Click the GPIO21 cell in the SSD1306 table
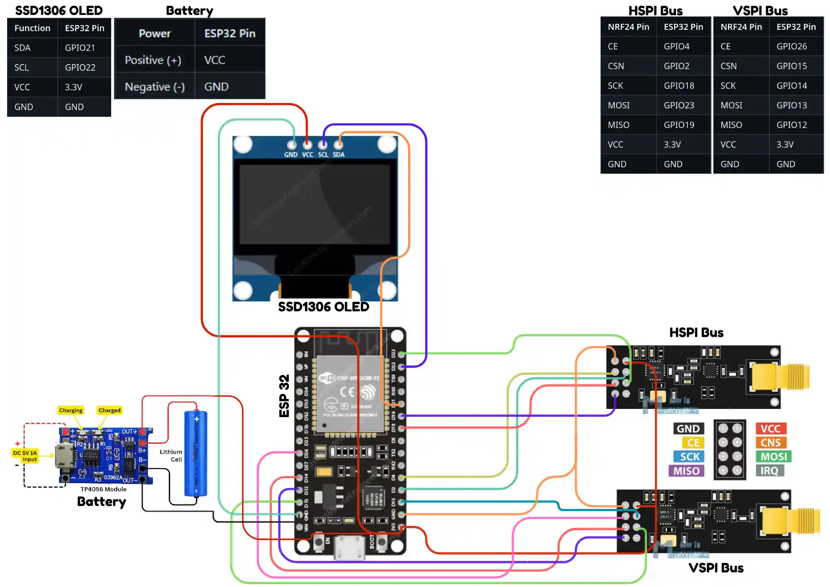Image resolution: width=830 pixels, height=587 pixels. [80, 48]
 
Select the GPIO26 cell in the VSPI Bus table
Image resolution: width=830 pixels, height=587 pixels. [791, 46]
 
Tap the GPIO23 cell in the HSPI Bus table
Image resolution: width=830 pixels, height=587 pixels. [679, 105]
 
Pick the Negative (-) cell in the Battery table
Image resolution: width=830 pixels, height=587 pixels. [155, 87]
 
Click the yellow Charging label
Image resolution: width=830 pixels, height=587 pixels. [71, 410]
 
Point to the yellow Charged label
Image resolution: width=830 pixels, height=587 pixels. [109, 410]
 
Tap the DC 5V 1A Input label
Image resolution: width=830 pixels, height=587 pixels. [25, 456]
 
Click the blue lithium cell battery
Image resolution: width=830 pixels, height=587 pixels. [195, 453]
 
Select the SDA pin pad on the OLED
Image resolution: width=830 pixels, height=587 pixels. [338, 145]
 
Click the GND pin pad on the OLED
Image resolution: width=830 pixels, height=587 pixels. [292, 145]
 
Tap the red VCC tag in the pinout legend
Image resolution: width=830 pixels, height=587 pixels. [771, 428]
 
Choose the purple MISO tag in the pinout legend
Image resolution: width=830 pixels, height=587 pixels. [686, 471]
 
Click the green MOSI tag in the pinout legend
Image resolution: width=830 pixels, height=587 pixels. [774, 457]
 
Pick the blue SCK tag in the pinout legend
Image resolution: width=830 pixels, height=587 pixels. [689, 457]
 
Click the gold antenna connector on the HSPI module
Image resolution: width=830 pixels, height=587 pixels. [780, 377]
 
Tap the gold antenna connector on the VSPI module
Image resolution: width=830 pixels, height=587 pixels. [791, 521]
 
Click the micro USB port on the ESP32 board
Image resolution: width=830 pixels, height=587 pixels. [350, 547]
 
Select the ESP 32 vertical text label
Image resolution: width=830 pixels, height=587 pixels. [284, 396]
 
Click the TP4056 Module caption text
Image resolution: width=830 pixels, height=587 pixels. [103, 489]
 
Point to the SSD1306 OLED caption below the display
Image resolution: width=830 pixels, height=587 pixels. [323, 307]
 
